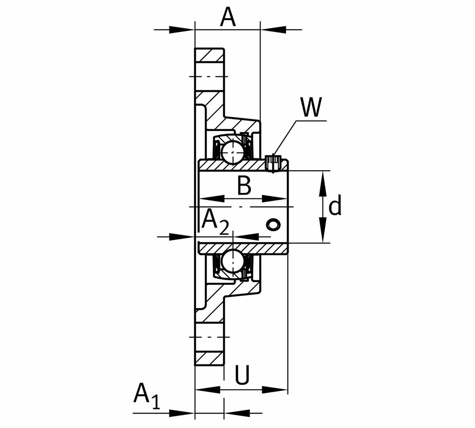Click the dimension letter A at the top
pos(228,17)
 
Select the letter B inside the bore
pos(244,186)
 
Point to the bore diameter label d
pos(335,206)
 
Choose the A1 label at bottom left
pos(147,396)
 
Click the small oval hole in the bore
pos(272,224)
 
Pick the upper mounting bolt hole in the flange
pos(210,76)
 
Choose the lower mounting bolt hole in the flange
pos(210,337)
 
